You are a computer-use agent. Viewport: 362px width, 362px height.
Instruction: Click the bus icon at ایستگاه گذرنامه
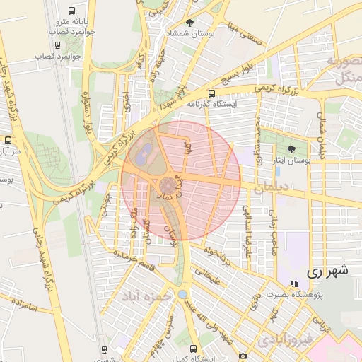[x=211, y=93]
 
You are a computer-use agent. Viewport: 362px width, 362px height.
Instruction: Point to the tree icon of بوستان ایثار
[x=291, y=148]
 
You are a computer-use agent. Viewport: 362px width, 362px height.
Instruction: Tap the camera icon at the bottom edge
[x=243, y=356]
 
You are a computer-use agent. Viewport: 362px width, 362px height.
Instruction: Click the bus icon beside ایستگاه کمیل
[x=194, y=349]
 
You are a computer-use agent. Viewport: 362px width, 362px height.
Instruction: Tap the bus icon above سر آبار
[x=8, y=140]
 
